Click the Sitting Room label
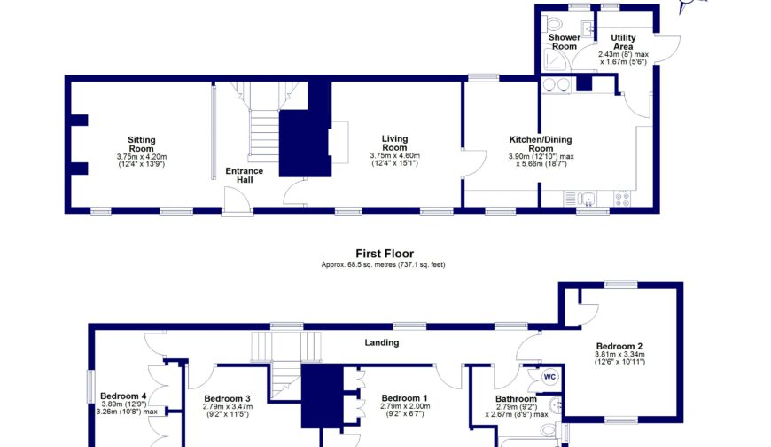pyautogui.click(x=142, y=145)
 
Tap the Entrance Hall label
pyautogui.click(x=245, y=176)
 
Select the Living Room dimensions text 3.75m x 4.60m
pyautogui.click(x=395, y=155)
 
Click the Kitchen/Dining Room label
pyautogui.click(x=541, y=144)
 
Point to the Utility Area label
pyautogui.click(x=623, y=42)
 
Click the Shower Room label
pyautogui.click(x=564, y=42)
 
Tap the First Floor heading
pyautogui.click(x=385, y=254)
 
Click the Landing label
pyautogui.click(x=382, y=342)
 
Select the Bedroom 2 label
pyautogui.click(x=619, y=346)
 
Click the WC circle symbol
pyautogui.click(x=549, y=377)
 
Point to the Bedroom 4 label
pyautogui.click(x=123, y=396)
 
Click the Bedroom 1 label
pyautogui.click(x=404, y=397)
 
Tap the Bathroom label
pyautogui.click(x=516, y=399)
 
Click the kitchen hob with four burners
pyautogui.click(x=622, y=199)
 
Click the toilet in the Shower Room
pyautogui.click(x=554, y=23)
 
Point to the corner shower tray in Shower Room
pyautogui.click(x=555, y=61)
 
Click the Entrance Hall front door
pyautogui.click(x=237, y=200)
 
